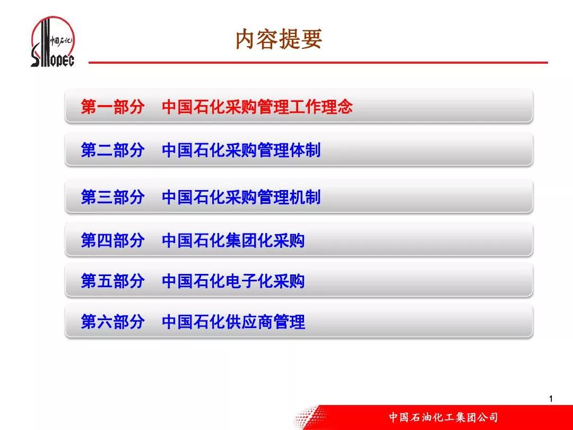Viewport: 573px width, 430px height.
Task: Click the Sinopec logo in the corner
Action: pos(53,42)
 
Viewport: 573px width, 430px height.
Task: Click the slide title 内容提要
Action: pos(279,39)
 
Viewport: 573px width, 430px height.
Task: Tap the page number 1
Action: pos(551,399)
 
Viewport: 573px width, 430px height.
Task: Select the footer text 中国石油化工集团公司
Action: pos(443,417)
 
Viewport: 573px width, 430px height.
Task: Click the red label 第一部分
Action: pos(112,106)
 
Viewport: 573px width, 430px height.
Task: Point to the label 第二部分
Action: pos(112,150)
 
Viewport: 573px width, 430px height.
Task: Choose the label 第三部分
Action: pos(112,197)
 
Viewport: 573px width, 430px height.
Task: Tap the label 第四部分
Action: pos(112,240)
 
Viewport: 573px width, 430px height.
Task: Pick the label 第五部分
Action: pos(112,281)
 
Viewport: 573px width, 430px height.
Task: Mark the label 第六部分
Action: pos(112,322)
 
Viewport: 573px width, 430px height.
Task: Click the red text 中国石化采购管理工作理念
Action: pos(257,106)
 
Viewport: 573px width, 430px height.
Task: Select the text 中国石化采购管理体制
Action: pos(241,150)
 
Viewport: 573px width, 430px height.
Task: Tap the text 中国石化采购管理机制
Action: pos(241,197)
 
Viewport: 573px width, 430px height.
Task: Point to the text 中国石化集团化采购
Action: pos(233,240)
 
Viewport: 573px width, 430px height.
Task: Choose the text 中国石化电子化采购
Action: pos(233,281)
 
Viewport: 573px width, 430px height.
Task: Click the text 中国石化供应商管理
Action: pos(233,322)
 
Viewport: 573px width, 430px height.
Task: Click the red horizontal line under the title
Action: pos(318,63)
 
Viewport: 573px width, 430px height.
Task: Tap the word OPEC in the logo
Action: pos(62,61)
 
